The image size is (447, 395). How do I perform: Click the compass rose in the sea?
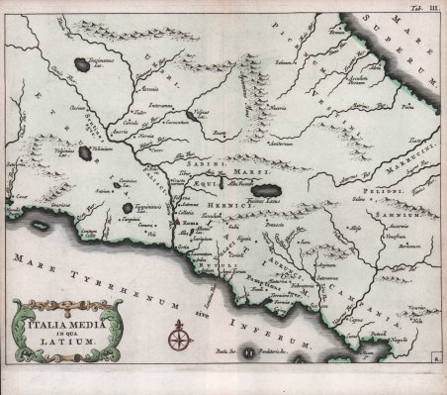179,342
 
